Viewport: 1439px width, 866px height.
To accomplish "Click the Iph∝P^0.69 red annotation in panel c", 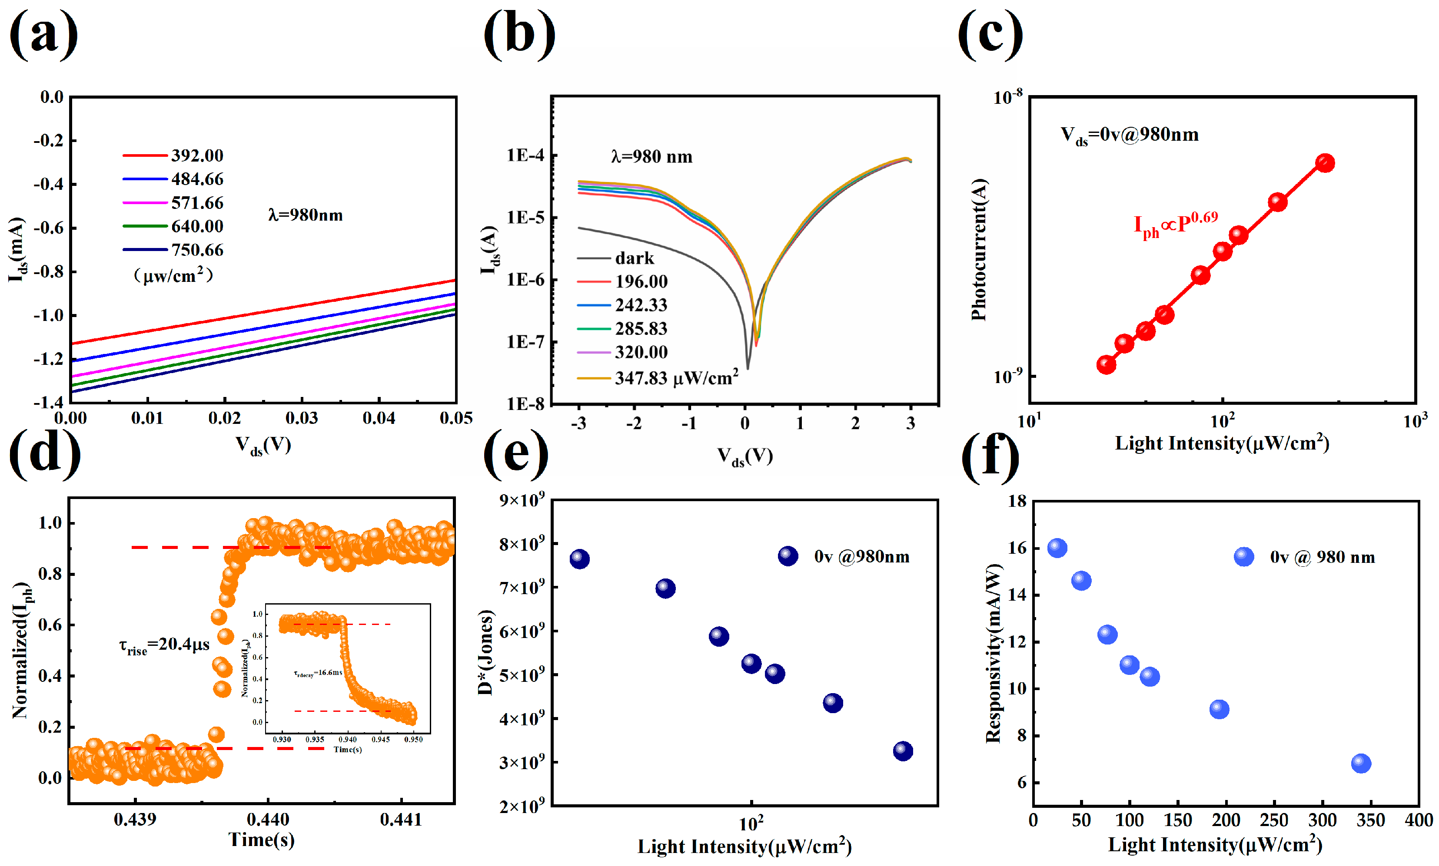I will point(1175,225).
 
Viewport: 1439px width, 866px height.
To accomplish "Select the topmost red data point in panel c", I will point(1325,163).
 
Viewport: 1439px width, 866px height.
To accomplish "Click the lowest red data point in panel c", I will point(1106,365).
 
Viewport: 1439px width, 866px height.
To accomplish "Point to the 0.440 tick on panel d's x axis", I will point(268,820).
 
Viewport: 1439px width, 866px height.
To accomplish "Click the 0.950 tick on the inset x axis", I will point(413,739).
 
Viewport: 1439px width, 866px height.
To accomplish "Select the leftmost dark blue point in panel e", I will point(579,559).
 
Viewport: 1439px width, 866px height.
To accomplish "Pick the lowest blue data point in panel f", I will point(1361,763).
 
